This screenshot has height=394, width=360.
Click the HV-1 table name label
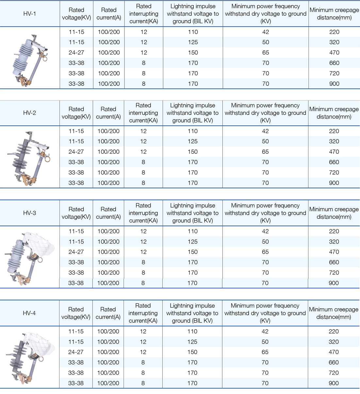point(30,14)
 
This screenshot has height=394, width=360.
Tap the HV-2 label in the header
point(29,113)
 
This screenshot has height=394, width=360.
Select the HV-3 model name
point(29,213)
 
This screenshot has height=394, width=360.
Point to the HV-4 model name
point(29,313)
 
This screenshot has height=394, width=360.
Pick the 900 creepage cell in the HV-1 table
point(334,84)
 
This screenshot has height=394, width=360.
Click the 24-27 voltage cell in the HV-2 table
point(76,152)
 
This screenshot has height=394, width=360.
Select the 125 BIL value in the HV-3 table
point(192,242)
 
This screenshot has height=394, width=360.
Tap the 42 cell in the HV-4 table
point(265,331)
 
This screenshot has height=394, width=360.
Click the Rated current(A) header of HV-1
point(109,14)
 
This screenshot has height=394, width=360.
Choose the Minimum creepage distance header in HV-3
point(334,213)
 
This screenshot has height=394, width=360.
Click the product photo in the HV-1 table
point(30,60)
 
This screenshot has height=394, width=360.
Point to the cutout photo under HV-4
point(29,357)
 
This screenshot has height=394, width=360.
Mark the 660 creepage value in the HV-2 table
point(334,162)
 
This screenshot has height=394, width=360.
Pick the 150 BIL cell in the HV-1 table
point(193,53)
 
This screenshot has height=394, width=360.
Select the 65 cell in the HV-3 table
point(265,252)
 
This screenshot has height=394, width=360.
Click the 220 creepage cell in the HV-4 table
point(334,331)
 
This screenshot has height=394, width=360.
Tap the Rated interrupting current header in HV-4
point(143,313)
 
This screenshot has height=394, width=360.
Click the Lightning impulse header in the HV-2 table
point(192,113)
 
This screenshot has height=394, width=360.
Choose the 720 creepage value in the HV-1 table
point(334,73)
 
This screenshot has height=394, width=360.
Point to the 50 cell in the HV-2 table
point(265,141)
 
